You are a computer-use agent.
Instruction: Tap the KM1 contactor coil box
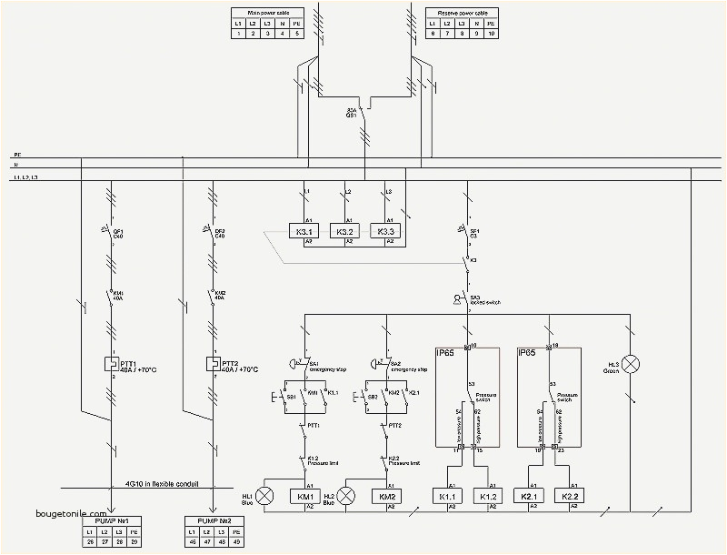tap(302, 496)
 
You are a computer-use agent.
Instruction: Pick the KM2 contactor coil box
tap(389, 496)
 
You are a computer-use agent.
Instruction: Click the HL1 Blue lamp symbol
tap(264, 496)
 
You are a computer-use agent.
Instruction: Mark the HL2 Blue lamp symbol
tap(346, 496)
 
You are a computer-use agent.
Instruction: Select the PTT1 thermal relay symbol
tap(110, 364)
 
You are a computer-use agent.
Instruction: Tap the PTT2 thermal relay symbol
tap(212, 364)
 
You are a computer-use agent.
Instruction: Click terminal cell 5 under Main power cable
tap(294, 34)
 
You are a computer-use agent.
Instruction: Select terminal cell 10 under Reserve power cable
tap(492, 34)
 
